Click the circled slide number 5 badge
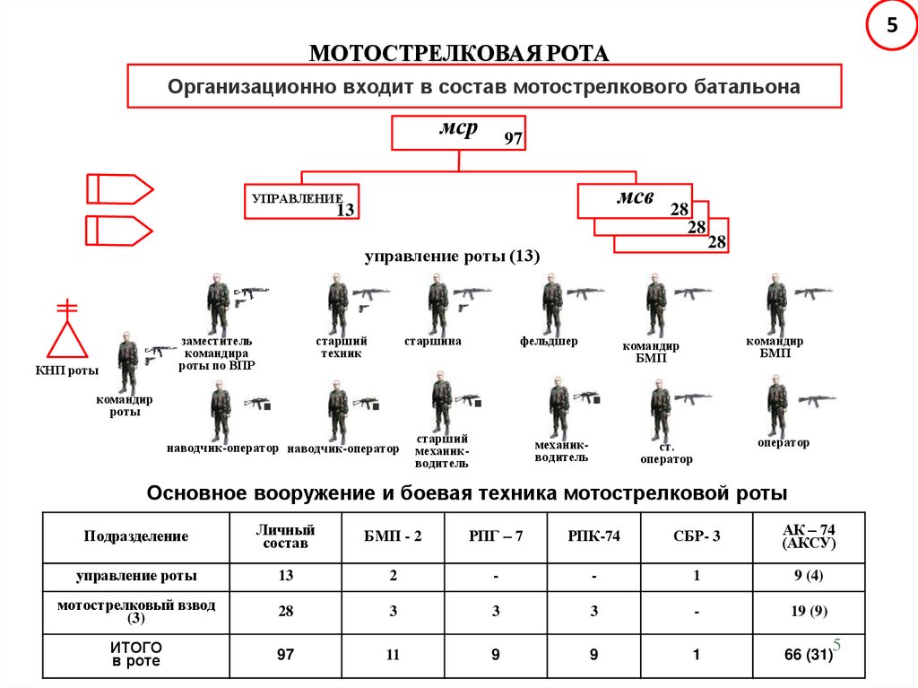[x=891, y=26]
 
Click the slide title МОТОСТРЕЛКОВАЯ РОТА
[x=459, y=53]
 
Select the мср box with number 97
[x=458, y=132]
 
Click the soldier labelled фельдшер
[x=551, y=304]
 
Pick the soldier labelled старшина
[x=437, y=304]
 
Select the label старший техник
[x=341, y=347]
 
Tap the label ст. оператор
[x=665, y=453]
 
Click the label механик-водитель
[x=561, y=450]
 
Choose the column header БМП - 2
[x=393, y=536]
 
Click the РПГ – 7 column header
[x=495, y=536]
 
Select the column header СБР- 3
[x=697, y=536]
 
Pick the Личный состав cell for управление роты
[x=285, y=576]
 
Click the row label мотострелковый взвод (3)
[x=136, y=612]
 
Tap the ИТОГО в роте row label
[x=136, y=654]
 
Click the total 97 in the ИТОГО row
[x=285, y=655]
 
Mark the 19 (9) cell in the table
[x=810, y=612]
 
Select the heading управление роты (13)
[x=452, y=257]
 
